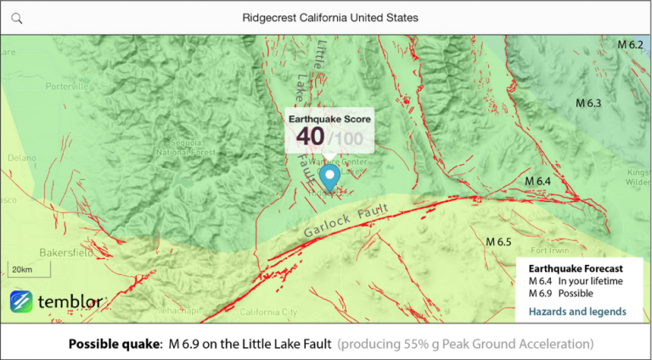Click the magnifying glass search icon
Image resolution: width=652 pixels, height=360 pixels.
coord(17,18)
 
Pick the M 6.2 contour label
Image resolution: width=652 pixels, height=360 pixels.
coord(629,44)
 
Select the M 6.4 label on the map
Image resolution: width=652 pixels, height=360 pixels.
coord(537,182)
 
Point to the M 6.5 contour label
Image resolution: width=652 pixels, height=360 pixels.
coord(498,242)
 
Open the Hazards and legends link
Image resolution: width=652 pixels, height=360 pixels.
coord(577,312)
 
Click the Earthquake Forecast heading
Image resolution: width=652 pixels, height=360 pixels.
coord(576,267)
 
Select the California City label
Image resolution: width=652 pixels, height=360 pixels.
coord(268,312)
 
